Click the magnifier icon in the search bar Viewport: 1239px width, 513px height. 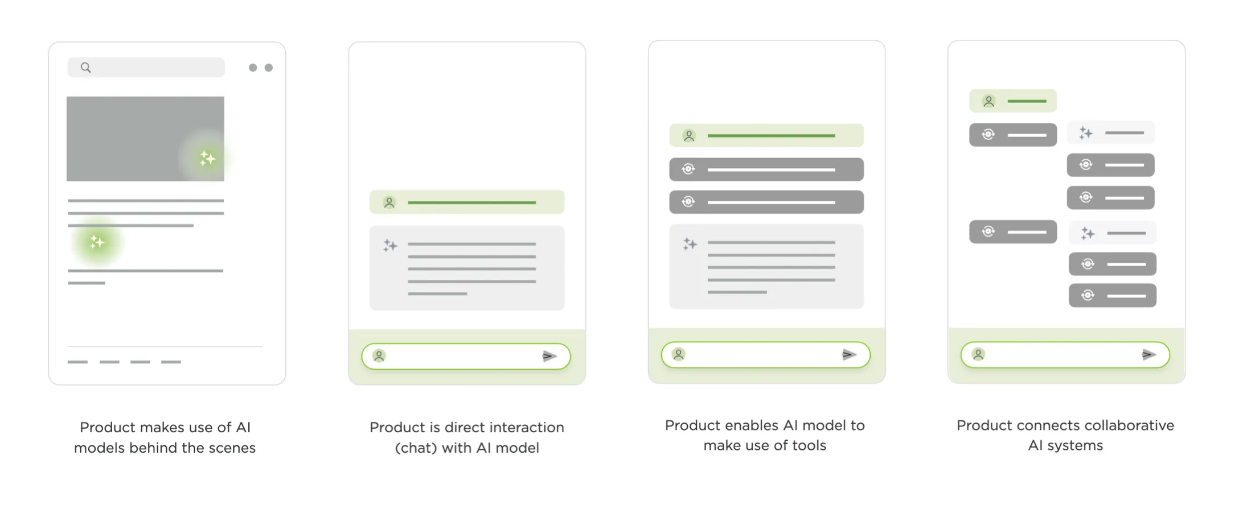click(x=85, y=68)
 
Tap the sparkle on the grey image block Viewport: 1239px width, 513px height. click(x=207, y=158)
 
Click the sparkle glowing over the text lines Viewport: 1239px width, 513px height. click(x=97, y=242)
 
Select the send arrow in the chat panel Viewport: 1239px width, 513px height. click(x=549, y=356)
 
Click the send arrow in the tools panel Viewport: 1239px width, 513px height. click(x=849, y=354)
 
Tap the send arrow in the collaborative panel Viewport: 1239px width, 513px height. click(x=1148, y=354)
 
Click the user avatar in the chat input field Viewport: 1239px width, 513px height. click(x=379, y=356)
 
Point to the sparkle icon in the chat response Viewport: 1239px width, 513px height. click(x=390, y=246)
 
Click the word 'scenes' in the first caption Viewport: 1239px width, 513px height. click(x=232, y=448)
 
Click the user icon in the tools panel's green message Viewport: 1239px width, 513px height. click(x=689, y=136)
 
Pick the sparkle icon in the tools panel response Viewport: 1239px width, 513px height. click(x=690, y=244)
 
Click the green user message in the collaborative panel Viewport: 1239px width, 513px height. click(x=1013, y=101)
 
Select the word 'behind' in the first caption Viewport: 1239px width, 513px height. click(x=152, y=448)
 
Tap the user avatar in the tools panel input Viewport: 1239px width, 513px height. click(x=678, y=354)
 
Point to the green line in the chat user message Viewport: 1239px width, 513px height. click(x=471, y=202)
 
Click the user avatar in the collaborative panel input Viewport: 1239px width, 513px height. click(x=978, y=354)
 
